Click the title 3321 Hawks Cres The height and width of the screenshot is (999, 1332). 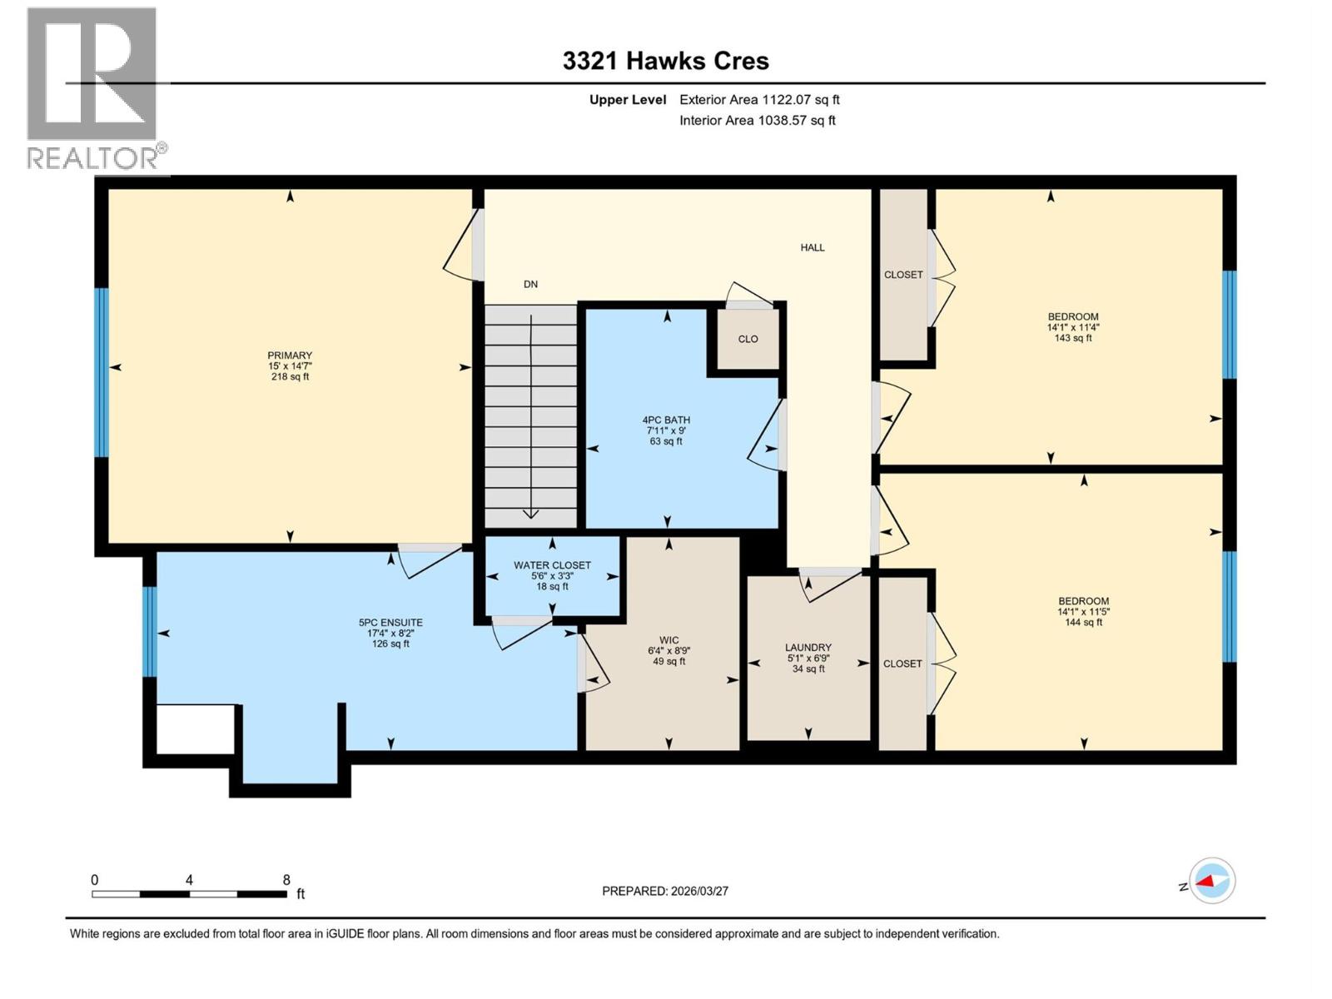click(x=665, y=61)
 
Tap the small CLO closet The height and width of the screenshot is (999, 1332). click(x=748, y=340)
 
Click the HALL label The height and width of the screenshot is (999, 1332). click(x=813, y=247)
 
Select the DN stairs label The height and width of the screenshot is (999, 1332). click(x=530, y=285)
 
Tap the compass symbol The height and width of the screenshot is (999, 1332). click(x=1212, y=881)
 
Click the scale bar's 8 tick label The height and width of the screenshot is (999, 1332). click(x=286, y=880)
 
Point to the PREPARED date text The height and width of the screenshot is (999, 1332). click(x=665, y=891)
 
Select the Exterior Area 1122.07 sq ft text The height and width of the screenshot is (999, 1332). click(x=759, y=100)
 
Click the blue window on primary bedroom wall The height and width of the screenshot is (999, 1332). click(x=102, y=372)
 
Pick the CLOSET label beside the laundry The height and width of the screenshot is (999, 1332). click(x=902, y=664)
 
